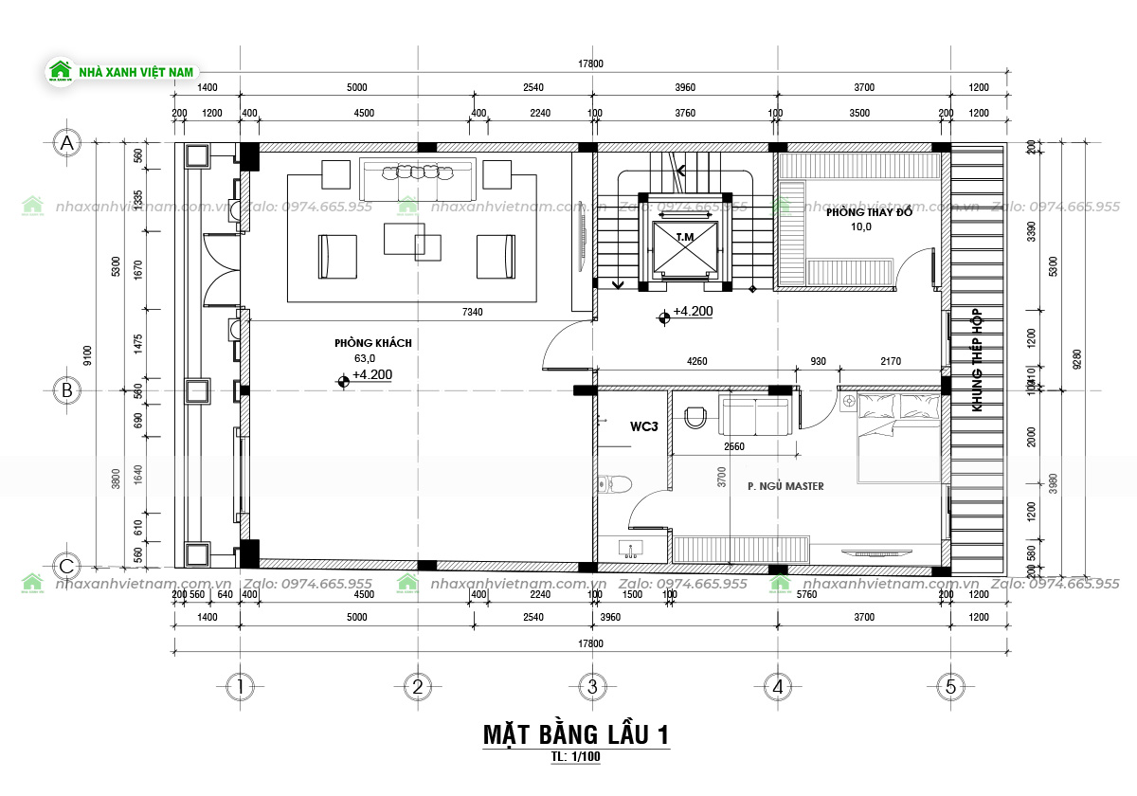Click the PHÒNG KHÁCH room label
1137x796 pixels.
coord(372,343)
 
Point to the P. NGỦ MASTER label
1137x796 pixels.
coord(785,486)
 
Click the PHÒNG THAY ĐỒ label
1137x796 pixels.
coord(869,212)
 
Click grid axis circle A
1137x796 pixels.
coord(66,143)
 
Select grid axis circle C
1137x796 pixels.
coord(66,568)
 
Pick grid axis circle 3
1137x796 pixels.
coord(590,686)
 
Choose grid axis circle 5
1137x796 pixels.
coord(950,686)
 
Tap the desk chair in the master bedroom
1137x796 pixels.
coord(695,415)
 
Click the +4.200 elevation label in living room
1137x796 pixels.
coord(371,375)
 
